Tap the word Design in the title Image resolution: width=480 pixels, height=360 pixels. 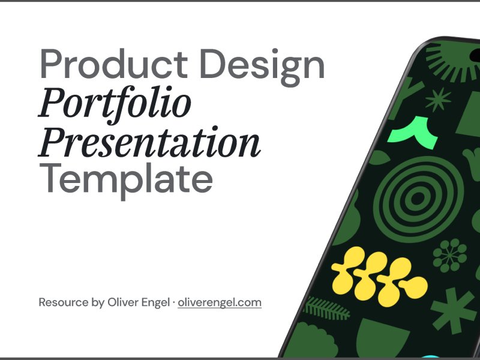point(262,67)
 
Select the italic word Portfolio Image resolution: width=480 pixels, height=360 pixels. point(115,104)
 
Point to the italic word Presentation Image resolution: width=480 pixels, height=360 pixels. point(149,143)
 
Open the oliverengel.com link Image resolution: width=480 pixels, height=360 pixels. point(220,303)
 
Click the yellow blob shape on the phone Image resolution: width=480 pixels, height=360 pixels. point(379,277)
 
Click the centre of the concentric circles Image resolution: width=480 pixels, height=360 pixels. point(417,199)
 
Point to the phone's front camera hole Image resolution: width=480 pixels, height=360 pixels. point(475,55)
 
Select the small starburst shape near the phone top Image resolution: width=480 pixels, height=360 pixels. point(438,100)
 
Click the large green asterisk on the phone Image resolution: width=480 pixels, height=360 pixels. point(454,310)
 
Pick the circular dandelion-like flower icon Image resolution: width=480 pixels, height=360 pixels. point(449,256)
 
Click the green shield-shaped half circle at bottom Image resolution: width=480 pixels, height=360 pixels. point(382,337)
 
